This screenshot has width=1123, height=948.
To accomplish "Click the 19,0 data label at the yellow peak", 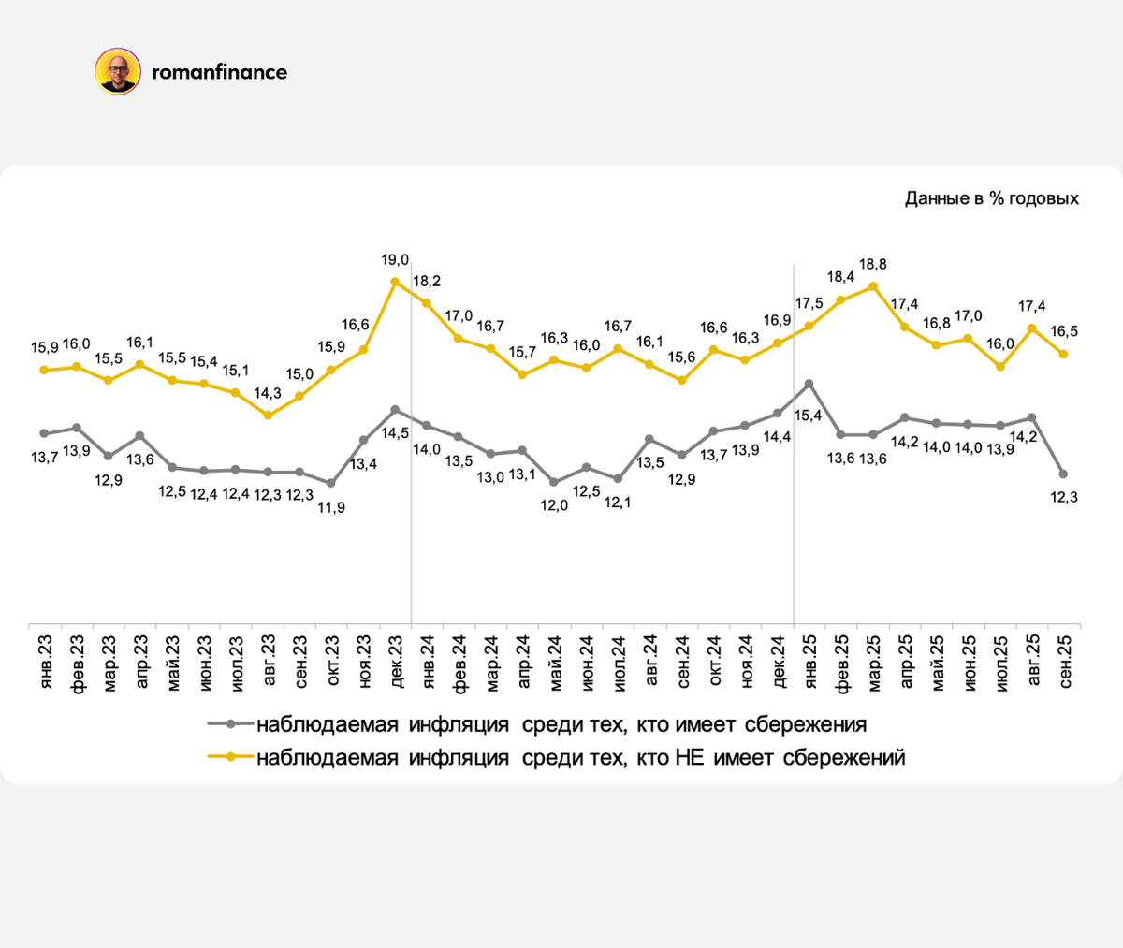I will point(395,259).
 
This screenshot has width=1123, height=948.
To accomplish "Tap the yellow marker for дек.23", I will point(395,281).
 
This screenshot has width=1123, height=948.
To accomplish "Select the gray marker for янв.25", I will point(809,384).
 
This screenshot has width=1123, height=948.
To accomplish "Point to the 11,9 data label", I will point(331,507).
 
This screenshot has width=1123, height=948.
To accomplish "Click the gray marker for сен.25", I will point(1064,474).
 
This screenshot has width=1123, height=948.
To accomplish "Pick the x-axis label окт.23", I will point(331,662).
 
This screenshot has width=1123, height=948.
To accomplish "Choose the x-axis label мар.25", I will point(873,662).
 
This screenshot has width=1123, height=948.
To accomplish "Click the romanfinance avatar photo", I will point(118,72).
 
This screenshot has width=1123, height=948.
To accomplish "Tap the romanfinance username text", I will point(219,72).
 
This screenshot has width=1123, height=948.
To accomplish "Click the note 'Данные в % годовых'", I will point(991,198).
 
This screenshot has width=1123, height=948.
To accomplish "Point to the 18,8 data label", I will point(871,265).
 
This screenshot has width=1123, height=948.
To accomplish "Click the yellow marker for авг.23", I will point(268,415).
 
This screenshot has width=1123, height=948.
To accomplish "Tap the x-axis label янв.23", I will point(45,662).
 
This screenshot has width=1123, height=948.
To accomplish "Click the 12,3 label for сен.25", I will point(1064,497).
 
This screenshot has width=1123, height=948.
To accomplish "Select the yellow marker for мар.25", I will point(873,286).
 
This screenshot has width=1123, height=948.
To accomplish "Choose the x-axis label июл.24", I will point(618,662).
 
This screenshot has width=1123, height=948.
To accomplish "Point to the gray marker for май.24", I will point(554,483).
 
